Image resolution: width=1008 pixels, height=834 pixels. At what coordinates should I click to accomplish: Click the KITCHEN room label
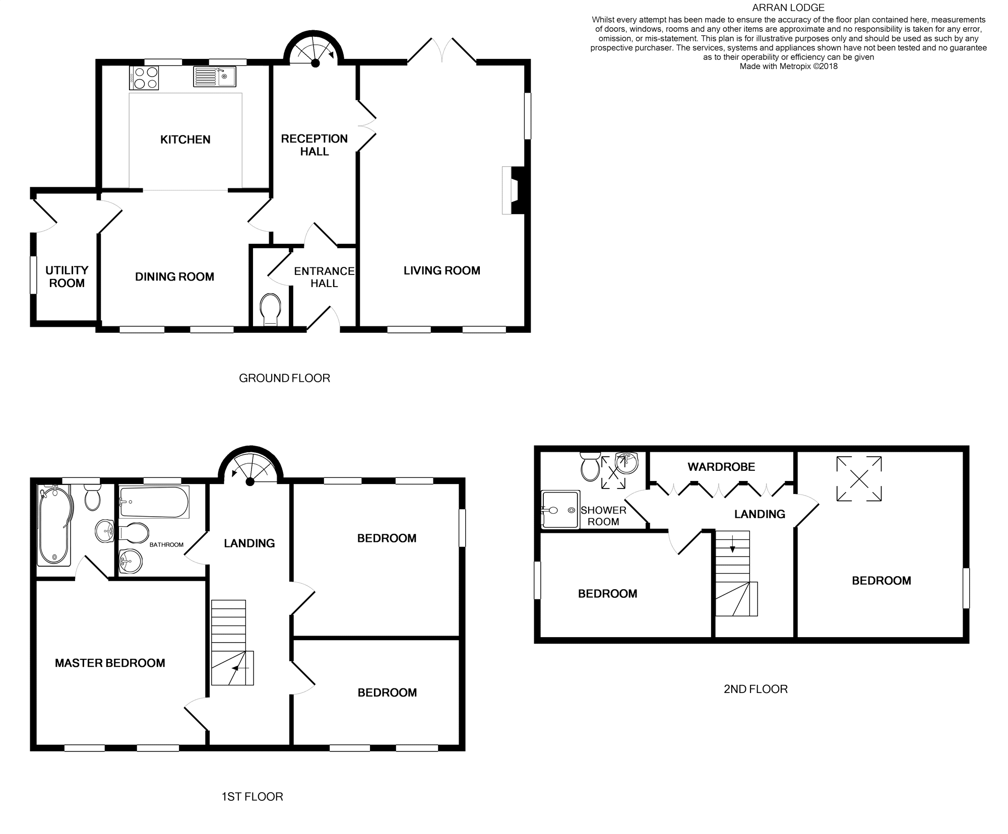(x=185, y=140)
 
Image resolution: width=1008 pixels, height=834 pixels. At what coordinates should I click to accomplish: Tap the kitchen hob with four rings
(x=144, y=78)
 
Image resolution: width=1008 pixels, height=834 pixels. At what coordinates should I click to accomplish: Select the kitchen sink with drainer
(x=214, y=77)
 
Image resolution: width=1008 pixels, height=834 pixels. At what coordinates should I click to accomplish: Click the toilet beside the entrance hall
(x=270, y=308)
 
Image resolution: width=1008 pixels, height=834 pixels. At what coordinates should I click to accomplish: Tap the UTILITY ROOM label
(x=67, y=276)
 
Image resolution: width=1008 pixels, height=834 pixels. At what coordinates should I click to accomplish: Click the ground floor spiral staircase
(x=313, y=51)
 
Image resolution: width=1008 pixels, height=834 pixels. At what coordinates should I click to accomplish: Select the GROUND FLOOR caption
(x=284, y=378)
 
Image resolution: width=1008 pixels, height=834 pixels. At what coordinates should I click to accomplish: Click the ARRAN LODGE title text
(x=788, y=8)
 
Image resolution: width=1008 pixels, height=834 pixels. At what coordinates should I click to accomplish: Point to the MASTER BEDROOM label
(x=110, y=663)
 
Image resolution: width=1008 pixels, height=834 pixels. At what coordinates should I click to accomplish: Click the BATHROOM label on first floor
(x=166, y=544)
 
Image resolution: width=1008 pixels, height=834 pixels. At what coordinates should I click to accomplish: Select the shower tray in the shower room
(x=560, y=509)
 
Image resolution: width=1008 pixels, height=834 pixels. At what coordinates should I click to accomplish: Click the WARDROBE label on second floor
(x=721, y=467)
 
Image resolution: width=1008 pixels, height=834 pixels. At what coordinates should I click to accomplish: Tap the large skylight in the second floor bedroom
(x=859, y=478)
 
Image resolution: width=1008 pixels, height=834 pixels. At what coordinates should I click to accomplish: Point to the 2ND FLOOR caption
(x=755, y=689)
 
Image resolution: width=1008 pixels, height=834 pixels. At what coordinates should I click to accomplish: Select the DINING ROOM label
(x=174, y=276)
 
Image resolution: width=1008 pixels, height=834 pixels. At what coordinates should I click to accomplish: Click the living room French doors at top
(x=442, y=50)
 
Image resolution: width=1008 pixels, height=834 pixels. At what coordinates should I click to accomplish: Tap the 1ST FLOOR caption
(x=252, y=797)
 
